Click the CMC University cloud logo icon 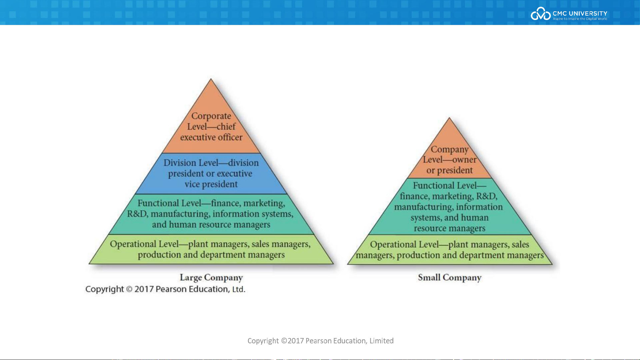click(x=540, y=14)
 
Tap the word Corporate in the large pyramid click(x=211, y=116)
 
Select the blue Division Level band click(x=211, y=174)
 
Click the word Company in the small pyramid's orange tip click(x=449, y=150)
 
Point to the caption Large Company click(x=211, y=277)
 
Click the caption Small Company click(x=449, y=277)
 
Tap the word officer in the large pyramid click(x=230, y=137)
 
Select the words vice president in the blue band click(x=211, y=184)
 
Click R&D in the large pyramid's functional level click(x=137, y=214)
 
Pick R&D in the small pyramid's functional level click(x=486, y=196)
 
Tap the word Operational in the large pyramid click(x=133, y=244)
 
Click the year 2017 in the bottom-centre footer click(x=296, y=341)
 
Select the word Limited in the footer click(x=381, y=341)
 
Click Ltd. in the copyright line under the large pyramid click(x=239, y=289)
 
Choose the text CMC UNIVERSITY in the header click(x=580, y=13)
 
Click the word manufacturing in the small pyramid click(x=424, y=207)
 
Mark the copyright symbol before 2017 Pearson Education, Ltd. click(x=129, y=289)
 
